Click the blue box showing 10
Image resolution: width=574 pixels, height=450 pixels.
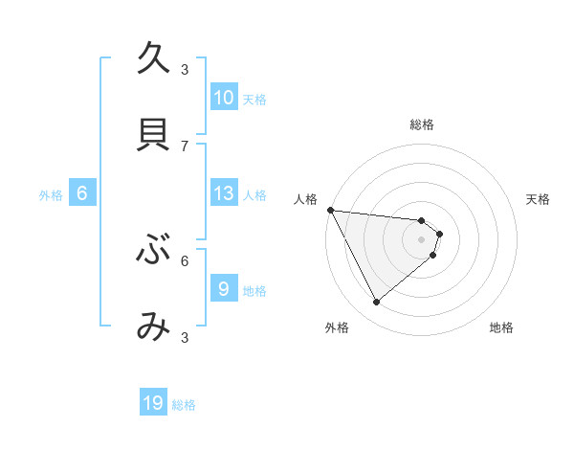[x=224, y=98]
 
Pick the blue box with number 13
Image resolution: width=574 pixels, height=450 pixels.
[x=224, y=193]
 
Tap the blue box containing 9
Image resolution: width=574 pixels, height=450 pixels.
[x=224, y=289]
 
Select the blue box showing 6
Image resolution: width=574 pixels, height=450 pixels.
[x=82, y=193]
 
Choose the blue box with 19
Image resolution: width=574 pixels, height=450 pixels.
[x=153, y=403]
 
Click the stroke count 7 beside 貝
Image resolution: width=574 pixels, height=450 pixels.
[x=186, y=146]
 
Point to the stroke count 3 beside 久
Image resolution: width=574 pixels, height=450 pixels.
[x=186, y=69]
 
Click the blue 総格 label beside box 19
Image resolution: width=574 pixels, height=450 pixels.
[x=184, y=405]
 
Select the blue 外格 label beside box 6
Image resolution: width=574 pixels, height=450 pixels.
[x=51, y=195]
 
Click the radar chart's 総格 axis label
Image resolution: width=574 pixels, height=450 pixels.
[x=422, y=124]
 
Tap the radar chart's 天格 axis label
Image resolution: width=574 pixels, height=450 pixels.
[x=539, y=199]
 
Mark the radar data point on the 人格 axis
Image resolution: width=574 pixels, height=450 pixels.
[x=330, y=210]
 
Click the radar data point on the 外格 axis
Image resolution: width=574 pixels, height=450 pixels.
[x=376, y=302]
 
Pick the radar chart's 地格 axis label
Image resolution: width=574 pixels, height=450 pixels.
[x=501, y=327]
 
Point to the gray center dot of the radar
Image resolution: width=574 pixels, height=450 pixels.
[x=422, y=238]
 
